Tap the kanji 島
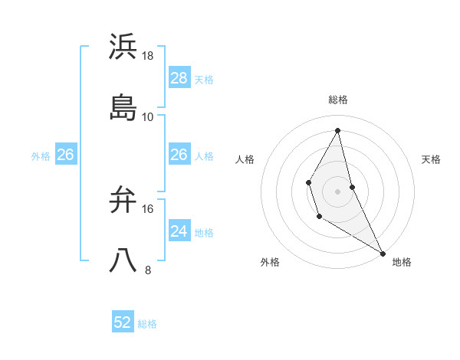(x=123, y=107)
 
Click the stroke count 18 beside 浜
(x=148, y=56)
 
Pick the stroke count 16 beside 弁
(x=148, y=208)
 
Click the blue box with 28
(x=179, y=78)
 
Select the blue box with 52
(x=123, y=322)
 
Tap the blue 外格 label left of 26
(x=41, y=156)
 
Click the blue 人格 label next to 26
(x=204, y=156)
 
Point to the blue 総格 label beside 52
(x=147, y=324)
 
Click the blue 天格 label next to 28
(x=204, y=80)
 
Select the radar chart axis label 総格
(x=338, y=100)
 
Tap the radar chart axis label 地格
(x=402, y=262)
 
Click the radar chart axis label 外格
(x=270, y=262)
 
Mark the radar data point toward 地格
(x=383, y=253)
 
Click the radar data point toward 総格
(x=338, y=130)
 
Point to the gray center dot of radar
(x=338, y=190)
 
